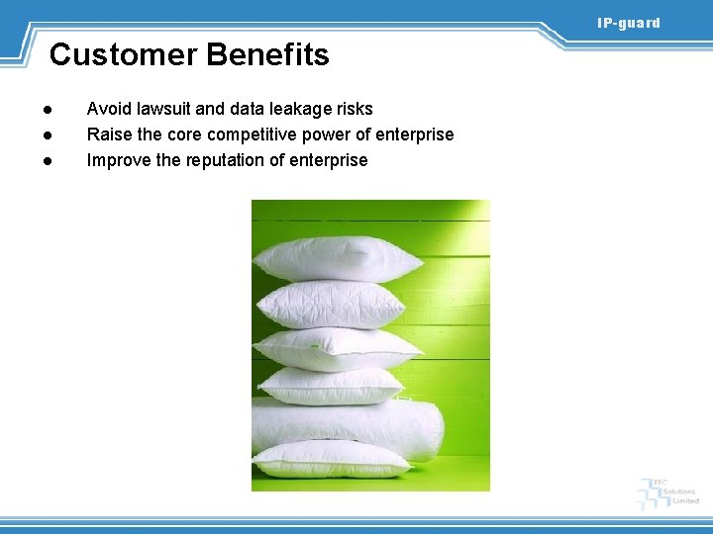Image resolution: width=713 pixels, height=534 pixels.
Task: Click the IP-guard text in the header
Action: (628, 23)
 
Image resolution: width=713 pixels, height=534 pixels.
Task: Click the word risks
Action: (353, 109)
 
